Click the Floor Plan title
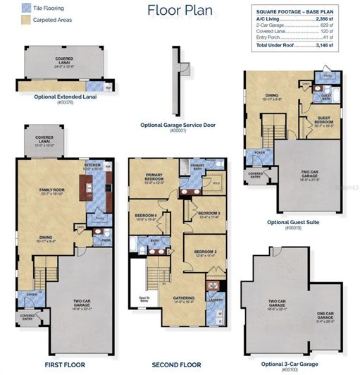click(x=179, y=10)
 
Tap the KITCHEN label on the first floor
click(x=93, y=164)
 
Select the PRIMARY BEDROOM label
click(x=154, y=176)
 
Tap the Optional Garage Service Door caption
click(x=178, y=125)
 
